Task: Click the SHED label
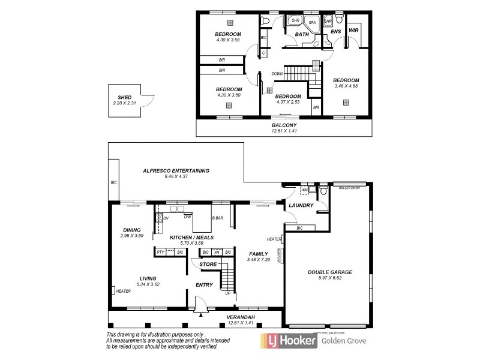(124, 98)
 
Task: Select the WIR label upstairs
(354, 29)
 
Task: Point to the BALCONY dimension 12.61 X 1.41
(284, 131)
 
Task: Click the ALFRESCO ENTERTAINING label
(176, 170)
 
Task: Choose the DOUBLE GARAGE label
(330, 272)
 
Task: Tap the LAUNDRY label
(301, 205)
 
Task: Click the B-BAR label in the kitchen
(218, 218)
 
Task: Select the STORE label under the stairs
(208, 263)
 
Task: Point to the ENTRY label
(204, 285)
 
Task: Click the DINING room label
(131, 229)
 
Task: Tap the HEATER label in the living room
(124, 291)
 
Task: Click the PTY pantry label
(161, 253)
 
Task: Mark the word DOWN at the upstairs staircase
(277, 74)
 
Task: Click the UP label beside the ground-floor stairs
(227, 293)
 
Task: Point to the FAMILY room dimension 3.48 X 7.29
(258, 260)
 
